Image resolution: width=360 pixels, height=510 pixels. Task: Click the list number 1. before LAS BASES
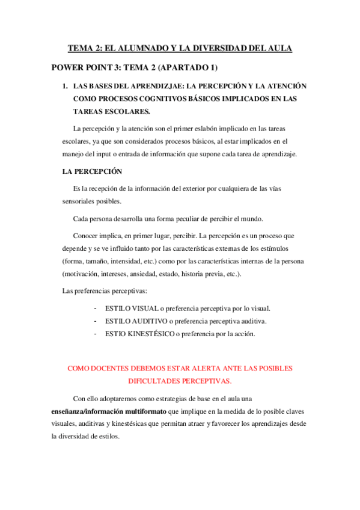[66, 86]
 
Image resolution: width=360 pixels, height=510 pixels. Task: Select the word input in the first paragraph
[108, 154]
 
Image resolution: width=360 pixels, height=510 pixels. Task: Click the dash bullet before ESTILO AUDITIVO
[96, 321]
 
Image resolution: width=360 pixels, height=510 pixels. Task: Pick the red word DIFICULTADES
[157, 381]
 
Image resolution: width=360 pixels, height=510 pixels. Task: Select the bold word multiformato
[145, 411]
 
